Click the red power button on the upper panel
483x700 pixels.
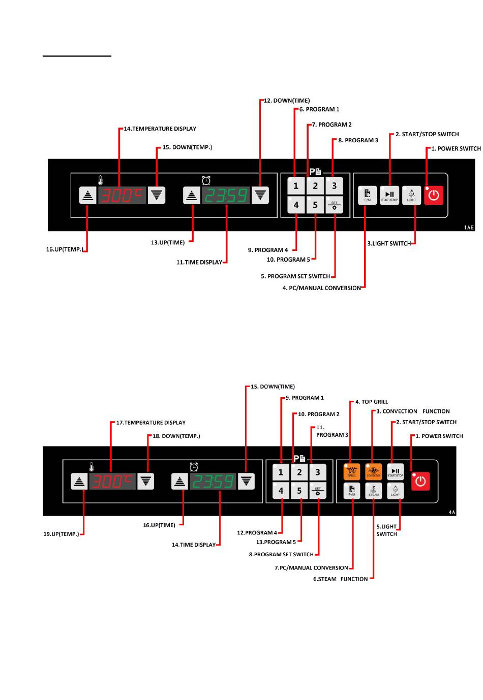tap(434, 195)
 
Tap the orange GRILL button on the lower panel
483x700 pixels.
tap(351, 471)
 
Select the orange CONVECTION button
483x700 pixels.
tap(374, 471)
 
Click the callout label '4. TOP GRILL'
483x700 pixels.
tap(372, 402)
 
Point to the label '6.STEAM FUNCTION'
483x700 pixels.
tap(340, 579)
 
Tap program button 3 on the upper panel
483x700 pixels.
tap(334, 186)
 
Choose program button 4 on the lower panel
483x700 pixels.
tap(281, 491)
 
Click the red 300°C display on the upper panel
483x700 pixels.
tap(122, 195)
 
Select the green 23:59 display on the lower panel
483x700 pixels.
tap(213, 481)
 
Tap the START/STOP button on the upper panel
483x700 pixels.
tap(389, 195)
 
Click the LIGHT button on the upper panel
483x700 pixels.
tap(411, 195)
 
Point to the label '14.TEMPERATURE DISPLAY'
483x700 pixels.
tap(160, 129)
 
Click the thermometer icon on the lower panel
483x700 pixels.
tap(92, 467)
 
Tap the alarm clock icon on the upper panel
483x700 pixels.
tap(206, 180)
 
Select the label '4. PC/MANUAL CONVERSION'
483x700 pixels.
tap(322, 288)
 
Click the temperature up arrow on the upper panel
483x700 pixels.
tap(88, 196)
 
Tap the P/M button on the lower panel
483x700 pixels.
tap(352, 491)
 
